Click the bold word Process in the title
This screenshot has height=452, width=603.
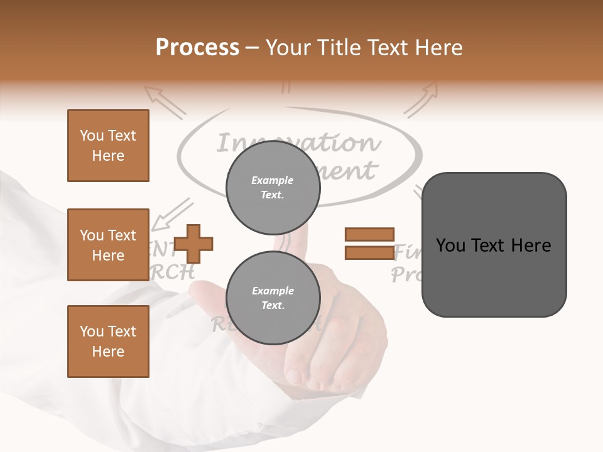click(x=197, y=47)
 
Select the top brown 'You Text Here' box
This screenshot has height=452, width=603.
click(x=108, y=146)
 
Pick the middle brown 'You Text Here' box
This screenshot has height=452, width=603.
click(x=108, y=245)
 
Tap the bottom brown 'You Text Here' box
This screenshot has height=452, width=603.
click(x=108, y=342)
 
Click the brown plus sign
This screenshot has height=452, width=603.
click(x=193, y=244)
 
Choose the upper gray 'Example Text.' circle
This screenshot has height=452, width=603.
click(x=273, y=187)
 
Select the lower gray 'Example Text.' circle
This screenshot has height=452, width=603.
click(x=273, y=298)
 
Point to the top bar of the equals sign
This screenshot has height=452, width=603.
click(x=369, y=235)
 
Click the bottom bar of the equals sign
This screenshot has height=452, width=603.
click(x=369, y=253)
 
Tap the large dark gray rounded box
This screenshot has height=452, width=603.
click(x=494, y=245)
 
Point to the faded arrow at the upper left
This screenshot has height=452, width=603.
click(x=165, y=101)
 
